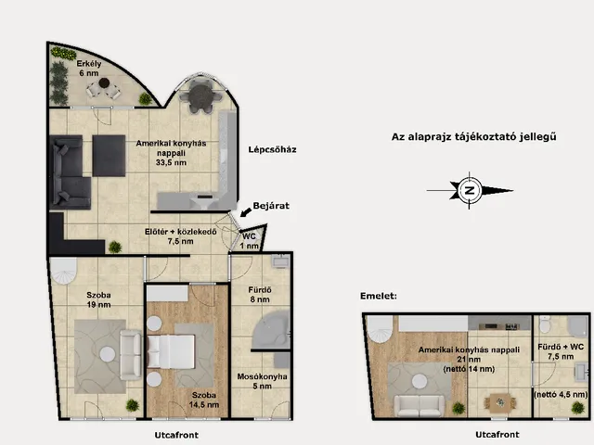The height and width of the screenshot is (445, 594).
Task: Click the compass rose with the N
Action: click(470, 190)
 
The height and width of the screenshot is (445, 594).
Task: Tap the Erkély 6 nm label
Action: click(89, 69)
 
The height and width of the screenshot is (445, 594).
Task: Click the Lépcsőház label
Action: click(272, 149)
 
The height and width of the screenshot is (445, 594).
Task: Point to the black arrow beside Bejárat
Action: click(245, 212)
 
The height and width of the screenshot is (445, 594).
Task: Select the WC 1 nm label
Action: click(249, 241)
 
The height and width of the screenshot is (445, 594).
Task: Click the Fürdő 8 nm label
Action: click(260, 295)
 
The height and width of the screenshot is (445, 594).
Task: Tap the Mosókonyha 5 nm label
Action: click(262, 381)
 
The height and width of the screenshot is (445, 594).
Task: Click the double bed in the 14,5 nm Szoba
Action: click(171, 352)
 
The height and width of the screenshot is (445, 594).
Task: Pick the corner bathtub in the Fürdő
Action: click(271, 330)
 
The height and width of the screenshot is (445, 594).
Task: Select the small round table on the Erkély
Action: click(104, 83)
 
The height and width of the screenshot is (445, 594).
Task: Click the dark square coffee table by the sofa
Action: click(109, 156)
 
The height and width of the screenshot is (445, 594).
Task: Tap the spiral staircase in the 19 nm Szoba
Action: click(64, 270)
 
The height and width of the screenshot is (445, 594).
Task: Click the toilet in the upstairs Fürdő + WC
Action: click(545, 324)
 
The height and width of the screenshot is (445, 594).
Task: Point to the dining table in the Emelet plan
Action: click(500, 403)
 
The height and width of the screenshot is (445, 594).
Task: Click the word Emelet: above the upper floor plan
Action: click(379, 296)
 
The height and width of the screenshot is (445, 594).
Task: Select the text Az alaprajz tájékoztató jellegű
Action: click(474, 136)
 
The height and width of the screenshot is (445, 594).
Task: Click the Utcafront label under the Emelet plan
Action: click(497, 435)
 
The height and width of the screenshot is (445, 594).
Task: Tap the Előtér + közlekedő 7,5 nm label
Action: click(180, 236)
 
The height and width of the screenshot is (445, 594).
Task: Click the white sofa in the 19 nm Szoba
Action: click(131, 355)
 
